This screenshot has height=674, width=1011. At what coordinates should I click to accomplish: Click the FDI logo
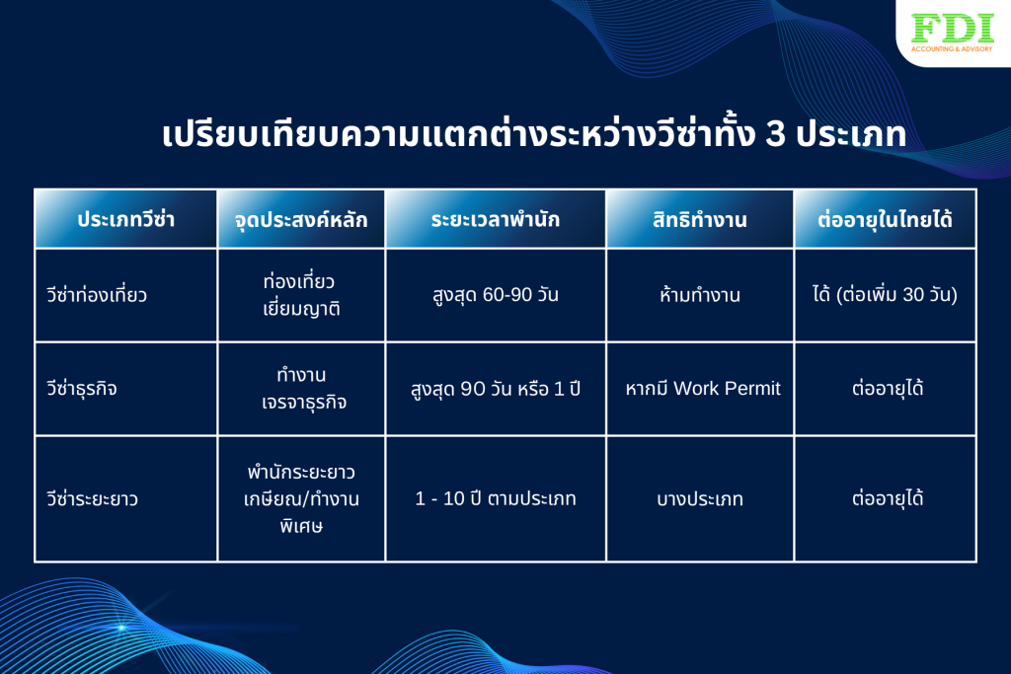953,33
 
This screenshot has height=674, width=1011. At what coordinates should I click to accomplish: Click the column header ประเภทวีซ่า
125,220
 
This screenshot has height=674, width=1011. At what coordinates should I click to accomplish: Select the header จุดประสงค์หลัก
301,220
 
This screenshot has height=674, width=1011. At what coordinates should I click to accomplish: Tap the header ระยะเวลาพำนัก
496,220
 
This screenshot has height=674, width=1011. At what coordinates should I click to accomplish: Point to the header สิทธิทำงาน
700,220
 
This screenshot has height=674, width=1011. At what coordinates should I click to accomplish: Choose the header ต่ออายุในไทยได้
885,220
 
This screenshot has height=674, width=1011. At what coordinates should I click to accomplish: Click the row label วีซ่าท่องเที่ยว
97,295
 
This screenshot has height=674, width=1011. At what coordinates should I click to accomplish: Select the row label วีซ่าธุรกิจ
82,389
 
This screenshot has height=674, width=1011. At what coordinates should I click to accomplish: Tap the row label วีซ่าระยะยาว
92,498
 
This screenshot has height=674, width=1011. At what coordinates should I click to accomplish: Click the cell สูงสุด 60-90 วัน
496,295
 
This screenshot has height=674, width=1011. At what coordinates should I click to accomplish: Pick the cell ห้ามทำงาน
700,295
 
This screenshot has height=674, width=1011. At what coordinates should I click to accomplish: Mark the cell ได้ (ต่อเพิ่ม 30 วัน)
885,294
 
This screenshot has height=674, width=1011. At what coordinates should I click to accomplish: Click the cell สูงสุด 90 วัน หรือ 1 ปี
496,389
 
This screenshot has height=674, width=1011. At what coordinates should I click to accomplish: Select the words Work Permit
728,388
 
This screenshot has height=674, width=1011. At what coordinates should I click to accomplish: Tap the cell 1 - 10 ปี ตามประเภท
496,498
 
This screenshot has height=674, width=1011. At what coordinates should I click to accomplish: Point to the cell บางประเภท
700,498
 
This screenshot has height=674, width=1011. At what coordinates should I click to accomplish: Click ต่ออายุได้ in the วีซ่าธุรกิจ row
888,388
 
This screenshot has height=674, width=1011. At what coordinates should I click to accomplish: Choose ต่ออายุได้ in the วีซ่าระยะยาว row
888,498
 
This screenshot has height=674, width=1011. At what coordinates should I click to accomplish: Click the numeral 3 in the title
775,135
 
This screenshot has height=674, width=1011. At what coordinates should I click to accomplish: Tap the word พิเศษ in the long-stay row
301,526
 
